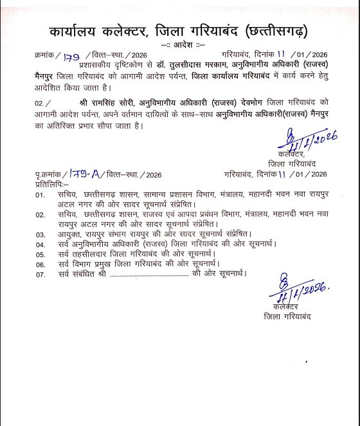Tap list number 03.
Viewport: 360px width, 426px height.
coord(40,234)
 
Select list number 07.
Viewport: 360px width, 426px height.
coord(40,274)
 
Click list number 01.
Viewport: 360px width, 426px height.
coord(40,194)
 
